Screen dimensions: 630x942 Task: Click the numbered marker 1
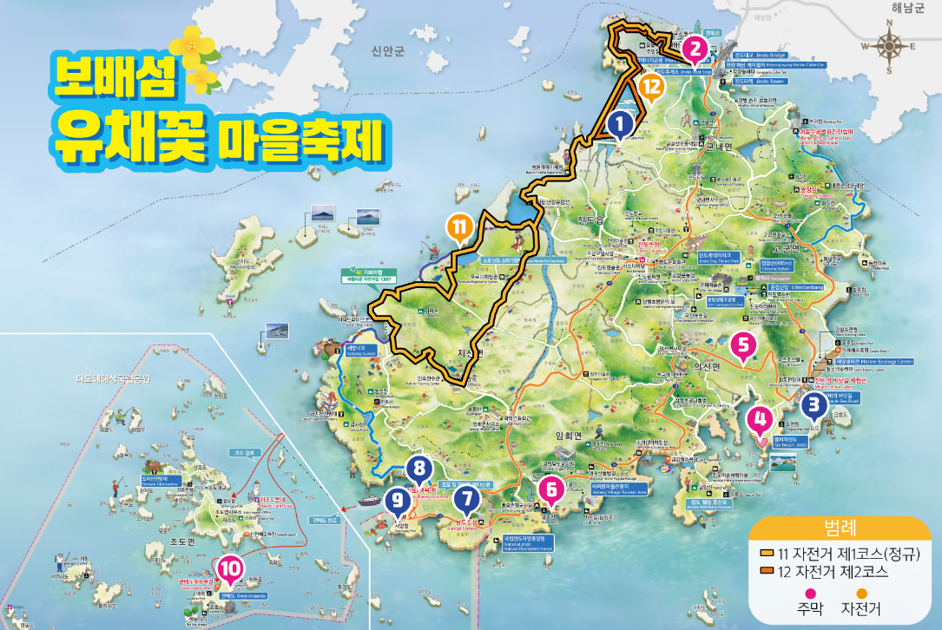pos(619,124)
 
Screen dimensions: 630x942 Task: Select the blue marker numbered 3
pos(814,404)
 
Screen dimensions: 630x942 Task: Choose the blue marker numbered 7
pos(466,499)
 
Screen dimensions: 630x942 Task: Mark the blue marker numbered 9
pos(398,499)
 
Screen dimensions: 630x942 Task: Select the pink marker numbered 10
pos(229,569)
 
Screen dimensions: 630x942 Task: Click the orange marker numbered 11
pos(460,227)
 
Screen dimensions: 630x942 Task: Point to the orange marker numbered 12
pos(651,86)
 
